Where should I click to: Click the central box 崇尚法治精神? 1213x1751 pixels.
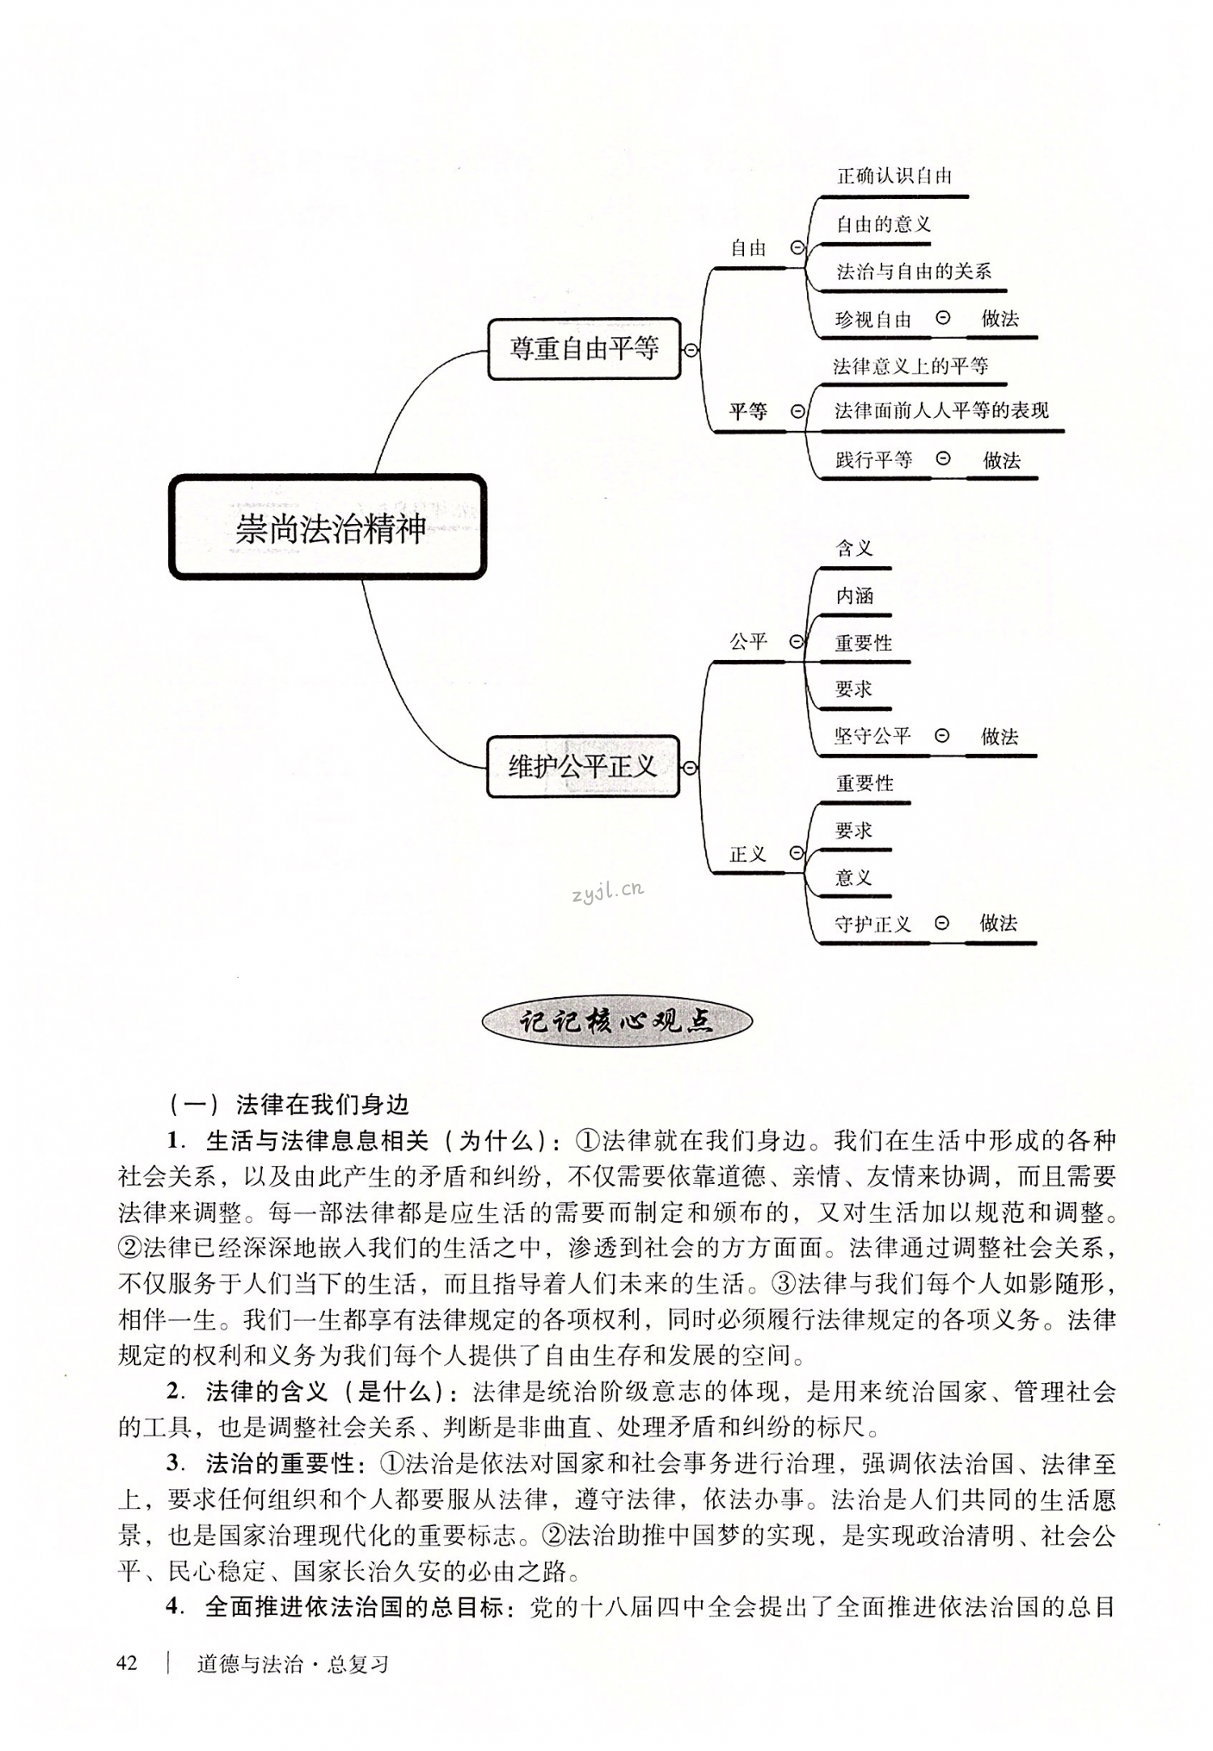(328, 527)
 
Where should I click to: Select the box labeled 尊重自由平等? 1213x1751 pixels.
(584, 349)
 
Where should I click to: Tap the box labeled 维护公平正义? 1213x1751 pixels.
(582, 766)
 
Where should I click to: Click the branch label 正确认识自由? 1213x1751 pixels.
(894, 176)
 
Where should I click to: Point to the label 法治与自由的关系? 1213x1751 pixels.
(914, 272)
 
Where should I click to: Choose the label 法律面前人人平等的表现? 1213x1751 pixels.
(941, 411)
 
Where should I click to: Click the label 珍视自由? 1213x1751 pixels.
(873, 319)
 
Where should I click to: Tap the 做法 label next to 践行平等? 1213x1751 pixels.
(1002, 461)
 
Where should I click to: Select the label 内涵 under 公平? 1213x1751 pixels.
(855, 596)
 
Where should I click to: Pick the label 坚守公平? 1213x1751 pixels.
(873, 736)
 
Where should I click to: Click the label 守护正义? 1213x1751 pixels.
(873, 924)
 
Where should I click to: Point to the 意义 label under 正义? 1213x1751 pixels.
(853, 878)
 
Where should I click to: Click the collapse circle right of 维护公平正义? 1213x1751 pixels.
(690, 768)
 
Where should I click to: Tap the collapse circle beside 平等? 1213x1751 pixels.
(797, 412)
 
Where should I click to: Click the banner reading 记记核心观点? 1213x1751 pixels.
(616, 1021)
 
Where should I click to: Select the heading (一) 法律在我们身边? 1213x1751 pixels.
(290, 1104)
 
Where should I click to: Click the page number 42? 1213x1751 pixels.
(129, 1664)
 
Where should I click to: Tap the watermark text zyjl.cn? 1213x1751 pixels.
(606, 890)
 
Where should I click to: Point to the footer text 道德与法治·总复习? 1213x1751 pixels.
(293, 1664)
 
